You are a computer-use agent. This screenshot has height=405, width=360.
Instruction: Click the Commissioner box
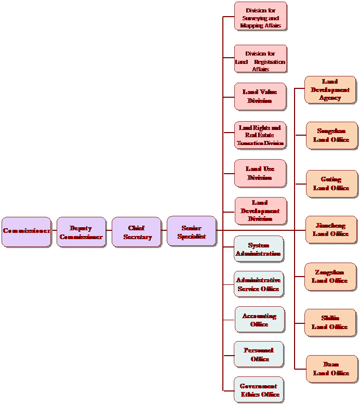[26, 231]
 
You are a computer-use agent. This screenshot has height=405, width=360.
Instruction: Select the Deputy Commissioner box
[81, 232]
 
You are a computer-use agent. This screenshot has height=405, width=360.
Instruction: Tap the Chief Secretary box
[137, 232]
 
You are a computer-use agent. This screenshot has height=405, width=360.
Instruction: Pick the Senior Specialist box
[191, 231]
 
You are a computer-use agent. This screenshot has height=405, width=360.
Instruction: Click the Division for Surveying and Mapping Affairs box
[260, 17]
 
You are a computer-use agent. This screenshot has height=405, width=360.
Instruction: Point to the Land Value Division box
[260, 96]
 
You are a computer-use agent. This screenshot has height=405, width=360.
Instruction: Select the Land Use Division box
[260, 173]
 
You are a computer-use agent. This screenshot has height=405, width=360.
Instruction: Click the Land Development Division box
[260, 211]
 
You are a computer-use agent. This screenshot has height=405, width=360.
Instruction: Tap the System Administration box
[258, 249]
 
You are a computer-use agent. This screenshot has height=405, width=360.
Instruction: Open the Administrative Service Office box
[258, 284]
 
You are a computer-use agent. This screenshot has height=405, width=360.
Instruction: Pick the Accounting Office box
[259, 320]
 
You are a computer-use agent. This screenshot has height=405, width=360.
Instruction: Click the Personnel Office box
[259, 355]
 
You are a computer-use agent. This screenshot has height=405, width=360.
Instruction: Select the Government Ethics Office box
[259, 390]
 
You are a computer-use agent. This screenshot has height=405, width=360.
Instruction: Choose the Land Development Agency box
[330, 89]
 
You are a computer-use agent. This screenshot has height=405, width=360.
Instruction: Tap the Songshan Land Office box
[331, 136]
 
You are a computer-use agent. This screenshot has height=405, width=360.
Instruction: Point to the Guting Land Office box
[331, 184]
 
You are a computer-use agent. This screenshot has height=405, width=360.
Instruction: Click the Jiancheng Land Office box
[331, 230]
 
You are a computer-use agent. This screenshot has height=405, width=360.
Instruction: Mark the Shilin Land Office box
[330, 322]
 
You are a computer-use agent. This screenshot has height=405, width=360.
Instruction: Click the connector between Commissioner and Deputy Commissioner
[54, 230]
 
